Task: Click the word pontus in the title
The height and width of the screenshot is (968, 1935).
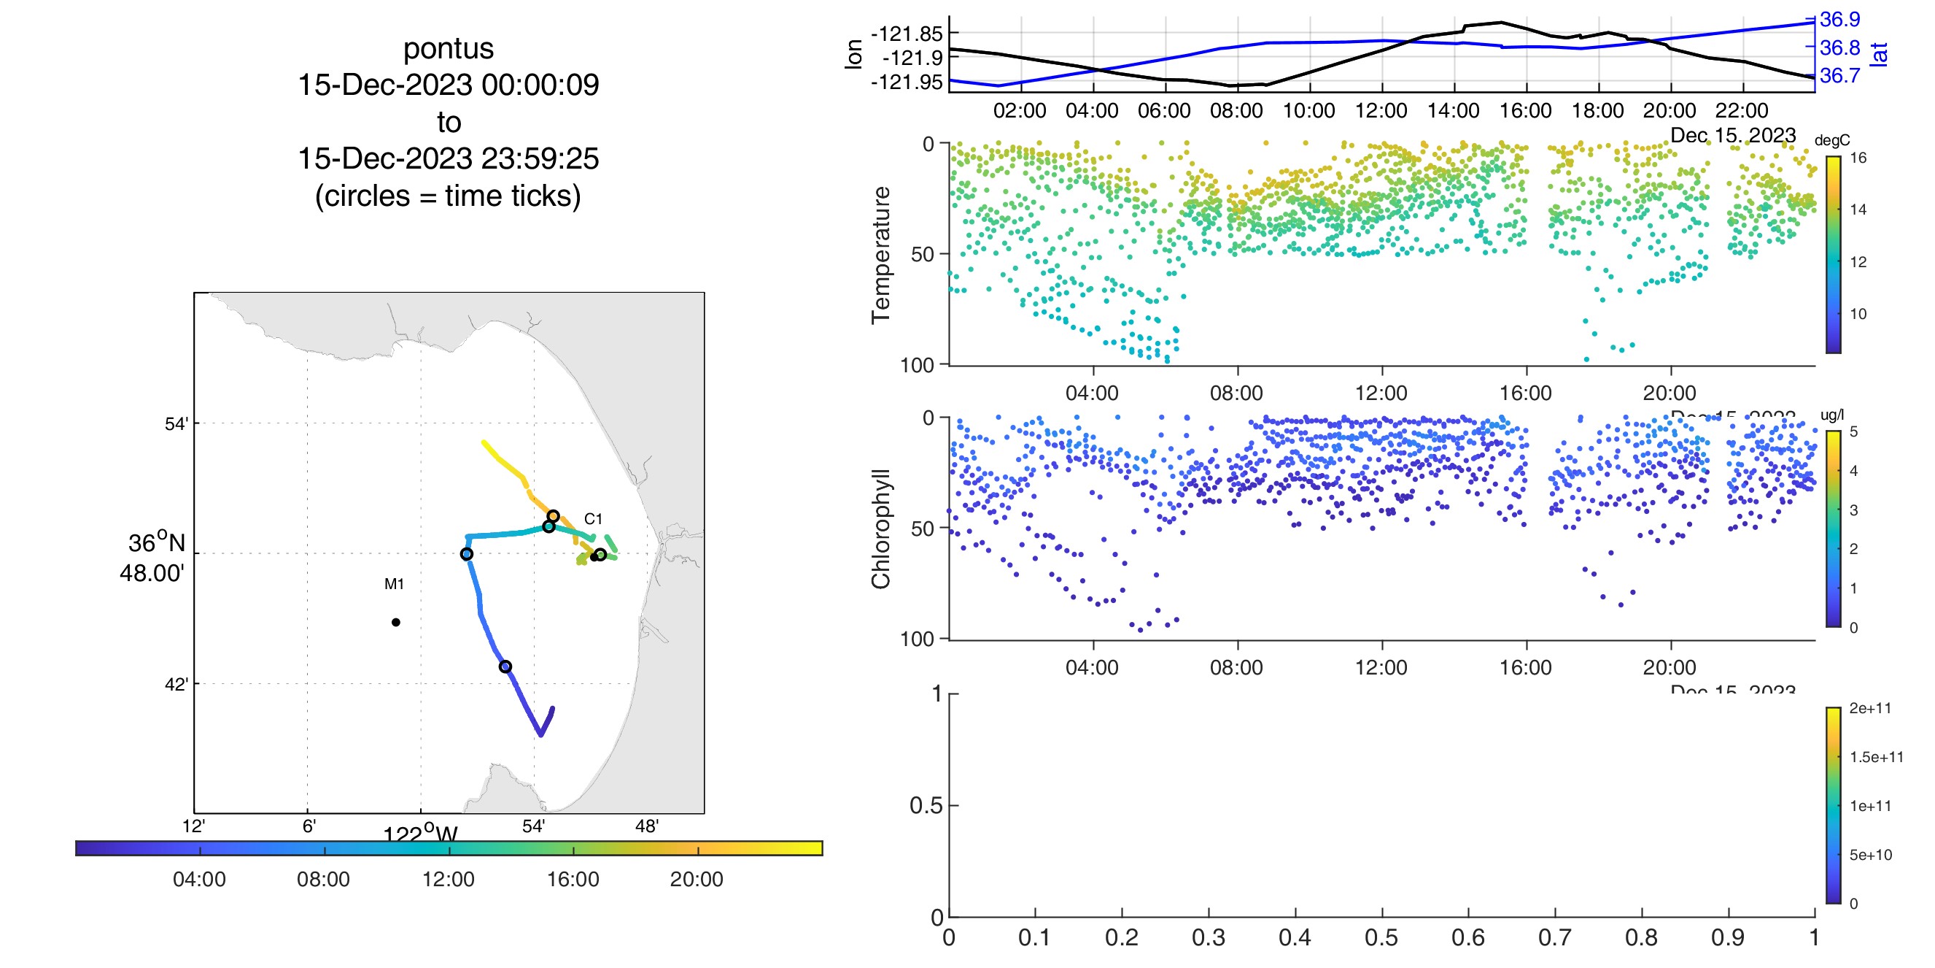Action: [449, 49]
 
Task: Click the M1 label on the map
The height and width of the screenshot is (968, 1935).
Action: [395, 584]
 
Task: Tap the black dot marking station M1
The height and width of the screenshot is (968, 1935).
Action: [396, 622]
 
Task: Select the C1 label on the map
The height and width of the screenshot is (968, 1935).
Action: [594, 518]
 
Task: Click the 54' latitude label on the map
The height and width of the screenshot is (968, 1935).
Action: [177, 424]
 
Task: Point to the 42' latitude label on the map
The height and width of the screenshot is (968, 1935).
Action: [177, 684]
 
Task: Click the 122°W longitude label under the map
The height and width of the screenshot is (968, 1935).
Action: [421, 834]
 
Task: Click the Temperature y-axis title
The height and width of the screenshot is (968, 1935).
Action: [881, 256]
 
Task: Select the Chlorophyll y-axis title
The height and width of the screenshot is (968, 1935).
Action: [881, 529]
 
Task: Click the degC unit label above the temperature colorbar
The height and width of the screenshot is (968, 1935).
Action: [1832, 141]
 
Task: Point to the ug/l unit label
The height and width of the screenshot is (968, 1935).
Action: [1832, 415]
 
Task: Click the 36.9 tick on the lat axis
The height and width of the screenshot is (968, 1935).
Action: [1839, 20]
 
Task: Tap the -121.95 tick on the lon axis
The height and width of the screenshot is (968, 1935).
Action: [906, 82]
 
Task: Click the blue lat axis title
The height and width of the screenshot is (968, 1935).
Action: [1879, 54]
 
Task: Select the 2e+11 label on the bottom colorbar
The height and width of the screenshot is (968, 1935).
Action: [1870, 708]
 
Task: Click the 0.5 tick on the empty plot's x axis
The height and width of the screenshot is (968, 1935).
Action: [1381, 937]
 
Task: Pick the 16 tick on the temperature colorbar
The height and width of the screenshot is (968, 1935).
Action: [1858, 158]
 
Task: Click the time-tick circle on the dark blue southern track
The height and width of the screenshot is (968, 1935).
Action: [505, 667]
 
